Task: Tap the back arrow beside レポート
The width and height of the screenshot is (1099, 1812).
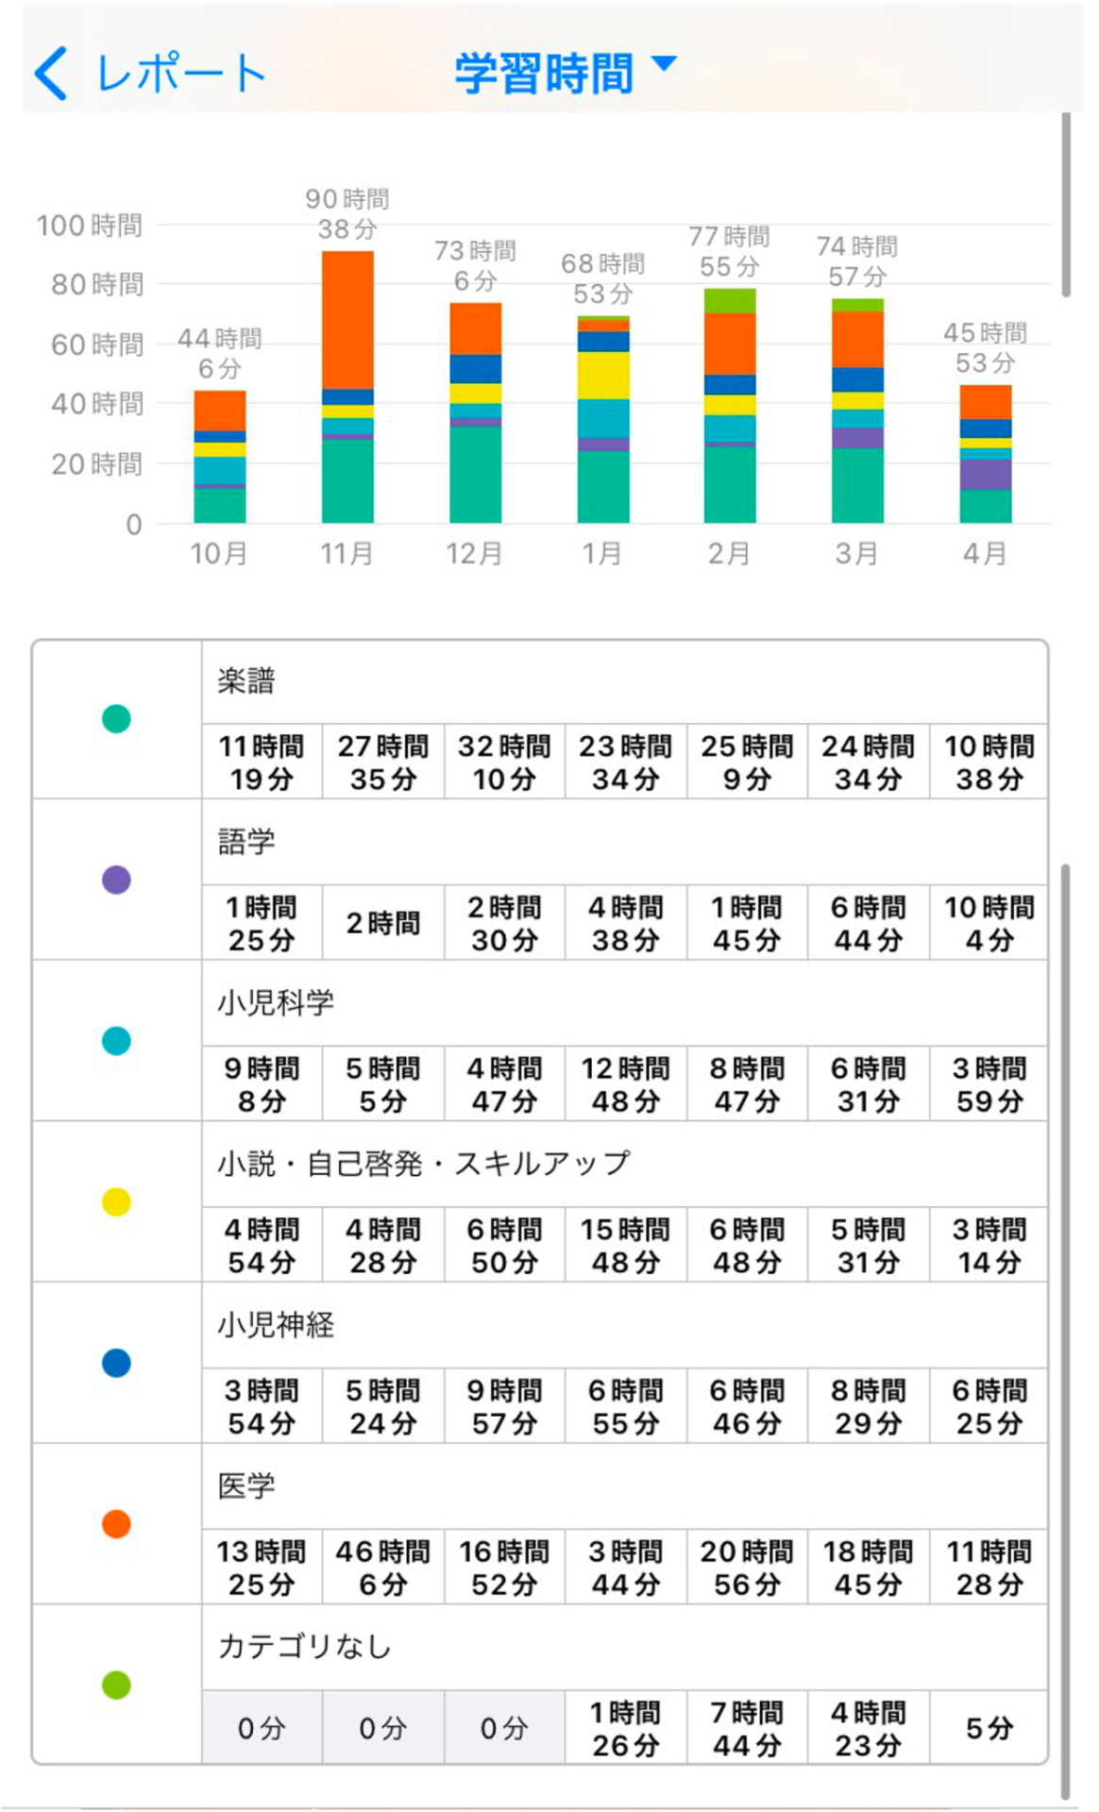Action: [52, 74]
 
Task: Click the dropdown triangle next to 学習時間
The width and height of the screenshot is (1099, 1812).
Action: [665, 63]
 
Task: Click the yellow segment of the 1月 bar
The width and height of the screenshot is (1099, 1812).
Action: [603, 375]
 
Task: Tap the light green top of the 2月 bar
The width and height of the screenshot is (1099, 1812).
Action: [730, 300]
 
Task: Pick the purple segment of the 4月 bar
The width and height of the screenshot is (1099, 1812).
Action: [986, 474]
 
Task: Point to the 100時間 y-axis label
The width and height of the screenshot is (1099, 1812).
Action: [90, 226]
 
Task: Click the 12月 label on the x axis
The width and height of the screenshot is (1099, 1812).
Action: [474, 553]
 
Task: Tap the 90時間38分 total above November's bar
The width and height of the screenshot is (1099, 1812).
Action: [347, 214]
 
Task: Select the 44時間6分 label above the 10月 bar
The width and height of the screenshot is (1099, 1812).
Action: [220, 353]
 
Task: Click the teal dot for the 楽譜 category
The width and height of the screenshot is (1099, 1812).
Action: [116, 719]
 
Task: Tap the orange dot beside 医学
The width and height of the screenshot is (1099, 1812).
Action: [116, 1523]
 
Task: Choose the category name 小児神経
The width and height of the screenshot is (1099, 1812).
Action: [276, 1325]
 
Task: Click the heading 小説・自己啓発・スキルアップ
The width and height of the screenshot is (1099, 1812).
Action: [423, 1164]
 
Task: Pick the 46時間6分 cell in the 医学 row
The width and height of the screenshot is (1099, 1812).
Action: [382, 1567]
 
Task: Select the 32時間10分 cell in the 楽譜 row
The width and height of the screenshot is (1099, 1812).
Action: [504, 763]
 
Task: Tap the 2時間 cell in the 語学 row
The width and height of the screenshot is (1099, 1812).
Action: [382, 923]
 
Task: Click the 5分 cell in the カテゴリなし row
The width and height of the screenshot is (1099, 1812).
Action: [989, 1728]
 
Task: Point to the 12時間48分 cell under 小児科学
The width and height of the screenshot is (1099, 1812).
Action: [625, 1084]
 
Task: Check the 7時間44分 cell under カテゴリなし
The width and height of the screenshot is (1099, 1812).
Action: [747, 1728]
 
